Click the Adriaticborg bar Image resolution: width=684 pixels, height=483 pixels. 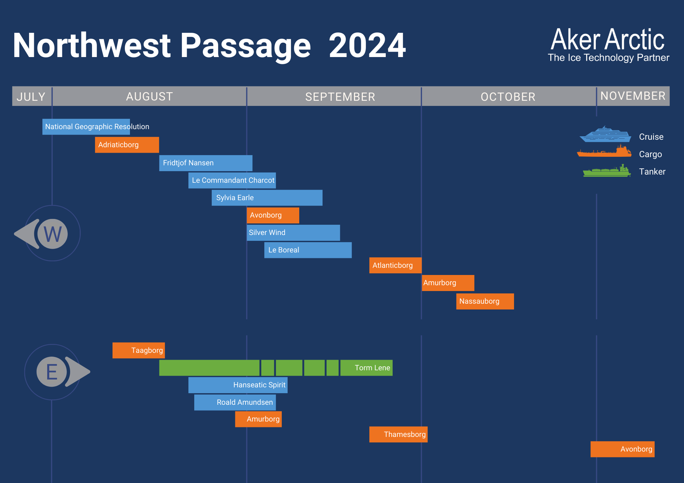click(x=127, y=145)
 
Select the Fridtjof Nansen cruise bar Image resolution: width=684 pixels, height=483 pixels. click(x=206, y=163)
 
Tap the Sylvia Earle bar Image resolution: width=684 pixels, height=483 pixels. click(x=267, y=198)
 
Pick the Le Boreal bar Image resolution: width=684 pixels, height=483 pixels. click(x=308, y=250)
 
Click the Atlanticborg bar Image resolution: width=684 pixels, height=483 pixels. click(x=395, y=265)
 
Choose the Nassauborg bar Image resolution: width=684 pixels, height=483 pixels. click(x=485, y=301)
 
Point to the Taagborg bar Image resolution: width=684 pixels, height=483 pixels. click(x=139, y=350)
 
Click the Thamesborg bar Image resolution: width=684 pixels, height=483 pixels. click(x=398, y=434)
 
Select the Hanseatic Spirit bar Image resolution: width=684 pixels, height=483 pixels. click(x=238, y=385)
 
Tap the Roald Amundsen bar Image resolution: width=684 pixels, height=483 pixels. click(x=235, y=402)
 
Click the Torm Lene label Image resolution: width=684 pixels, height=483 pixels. click(x=372, y=368)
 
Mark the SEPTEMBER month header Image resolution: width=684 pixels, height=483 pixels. click(x=340, y=97)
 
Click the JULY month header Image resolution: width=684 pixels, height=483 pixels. click(x=31, y=97)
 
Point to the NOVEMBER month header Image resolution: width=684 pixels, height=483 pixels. click(x=633, y=96)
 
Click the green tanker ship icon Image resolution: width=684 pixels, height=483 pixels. click(x=607, y=170)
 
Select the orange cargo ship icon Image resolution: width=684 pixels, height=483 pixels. click(x=604, y=151)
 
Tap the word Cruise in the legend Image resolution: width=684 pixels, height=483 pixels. click(x=651, y=137)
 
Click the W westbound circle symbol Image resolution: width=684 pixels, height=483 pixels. click(x=53, y=234)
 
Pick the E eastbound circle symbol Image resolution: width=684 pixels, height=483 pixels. click(x=52, y=372)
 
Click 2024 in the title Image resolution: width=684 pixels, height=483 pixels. click(x=367, y=45)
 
